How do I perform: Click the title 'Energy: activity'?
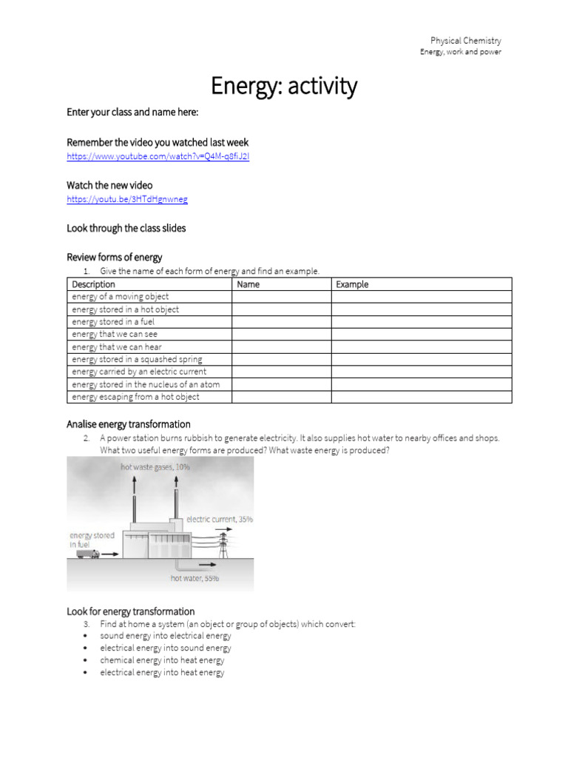(284, 87)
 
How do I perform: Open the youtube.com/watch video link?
(158, 157)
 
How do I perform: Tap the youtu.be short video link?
(126, 200)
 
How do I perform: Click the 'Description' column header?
(94, 284)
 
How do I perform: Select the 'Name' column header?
(248, 284)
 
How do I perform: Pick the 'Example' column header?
(352, 284)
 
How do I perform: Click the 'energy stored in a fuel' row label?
(113, 322)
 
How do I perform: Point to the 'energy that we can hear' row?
(117, 347)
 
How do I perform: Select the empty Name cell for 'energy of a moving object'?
(281, 297)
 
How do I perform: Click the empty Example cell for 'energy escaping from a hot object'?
(421, 397)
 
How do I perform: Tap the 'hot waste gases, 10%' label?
(155, 467)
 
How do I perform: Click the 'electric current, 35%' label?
(220, 520)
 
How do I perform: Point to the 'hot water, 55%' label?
(195, 578)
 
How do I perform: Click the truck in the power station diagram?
(88, 554)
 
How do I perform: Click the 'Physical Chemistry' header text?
(465, 41)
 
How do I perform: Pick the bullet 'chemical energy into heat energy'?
(162, 660)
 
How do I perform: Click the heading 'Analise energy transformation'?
(129, 424)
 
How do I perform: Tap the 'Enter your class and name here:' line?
(132, 112)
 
